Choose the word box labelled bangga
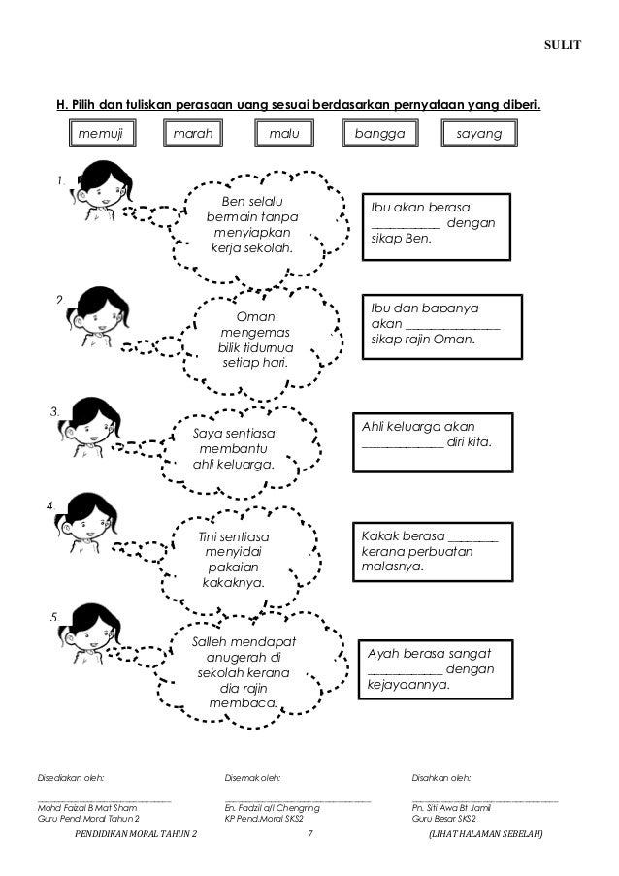click(378, 133)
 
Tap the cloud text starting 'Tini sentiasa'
click(234, 559)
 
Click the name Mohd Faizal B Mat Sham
click(87, 807)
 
